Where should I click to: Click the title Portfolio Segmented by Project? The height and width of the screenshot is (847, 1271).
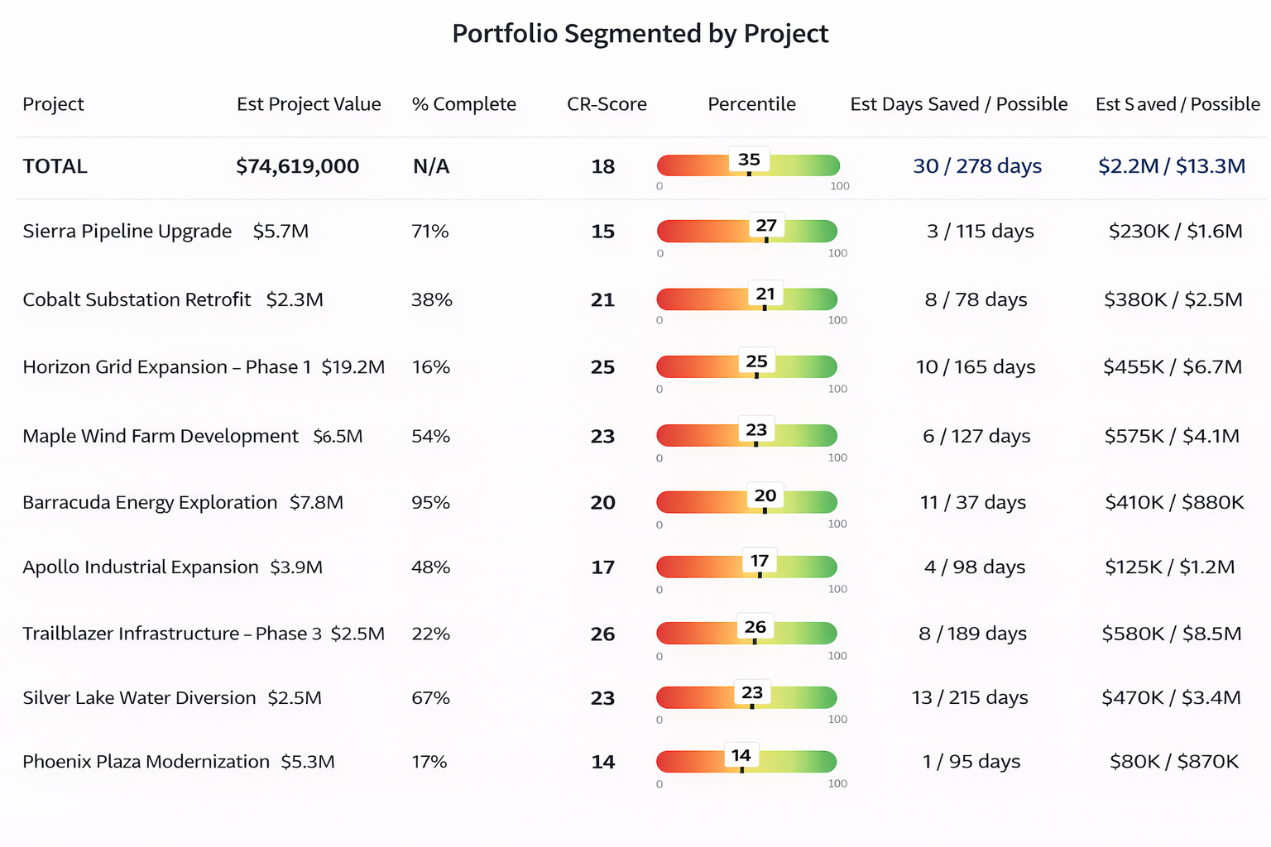tap(640, 34)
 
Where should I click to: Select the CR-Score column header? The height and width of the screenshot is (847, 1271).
tap(607, 104)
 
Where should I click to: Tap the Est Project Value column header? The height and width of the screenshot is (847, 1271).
tap(309, 104)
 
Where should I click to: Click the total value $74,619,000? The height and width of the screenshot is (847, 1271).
tap(297, 166)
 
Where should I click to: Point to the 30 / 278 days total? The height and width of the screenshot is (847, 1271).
tap(977, 166)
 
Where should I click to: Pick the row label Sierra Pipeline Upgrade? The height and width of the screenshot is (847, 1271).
tap(127, 232)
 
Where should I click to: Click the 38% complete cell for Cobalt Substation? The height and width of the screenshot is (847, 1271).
tap(431, 299)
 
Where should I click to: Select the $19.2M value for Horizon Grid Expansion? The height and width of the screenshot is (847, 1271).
tap(353, 367)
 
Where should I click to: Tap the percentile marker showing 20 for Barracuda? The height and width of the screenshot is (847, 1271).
tap(765, 496)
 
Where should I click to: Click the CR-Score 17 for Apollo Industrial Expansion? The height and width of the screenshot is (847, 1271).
tap(602, 567)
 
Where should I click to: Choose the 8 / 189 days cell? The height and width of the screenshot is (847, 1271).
tap(972, 634)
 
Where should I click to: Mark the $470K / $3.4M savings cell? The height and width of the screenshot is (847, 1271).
tap(1171, 698)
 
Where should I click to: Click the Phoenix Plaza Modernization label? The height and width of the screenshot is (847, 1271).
tap(146, 762)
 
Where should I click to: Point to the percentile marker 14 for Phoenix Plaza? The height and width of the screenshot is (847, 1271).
tap(741, 756)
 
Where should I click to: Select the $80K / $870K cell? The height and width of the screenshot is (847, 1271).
tap(1174, 762)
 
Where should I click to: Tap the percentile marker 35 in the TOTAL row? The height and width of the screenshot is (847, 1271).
tap(749, 160)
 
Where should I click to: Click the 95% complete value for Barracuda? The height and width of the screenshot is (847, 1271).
tap(430, 503)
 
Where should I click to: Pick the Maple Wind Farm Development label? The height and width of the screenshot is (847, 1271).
tap(160, 437)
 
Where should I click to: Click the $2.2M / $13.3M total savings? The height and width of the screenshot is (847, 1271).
tap(1172, 166)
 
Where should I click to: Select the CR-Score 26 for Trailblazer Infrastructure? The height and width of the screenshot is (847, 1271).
tap(602, 634)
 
